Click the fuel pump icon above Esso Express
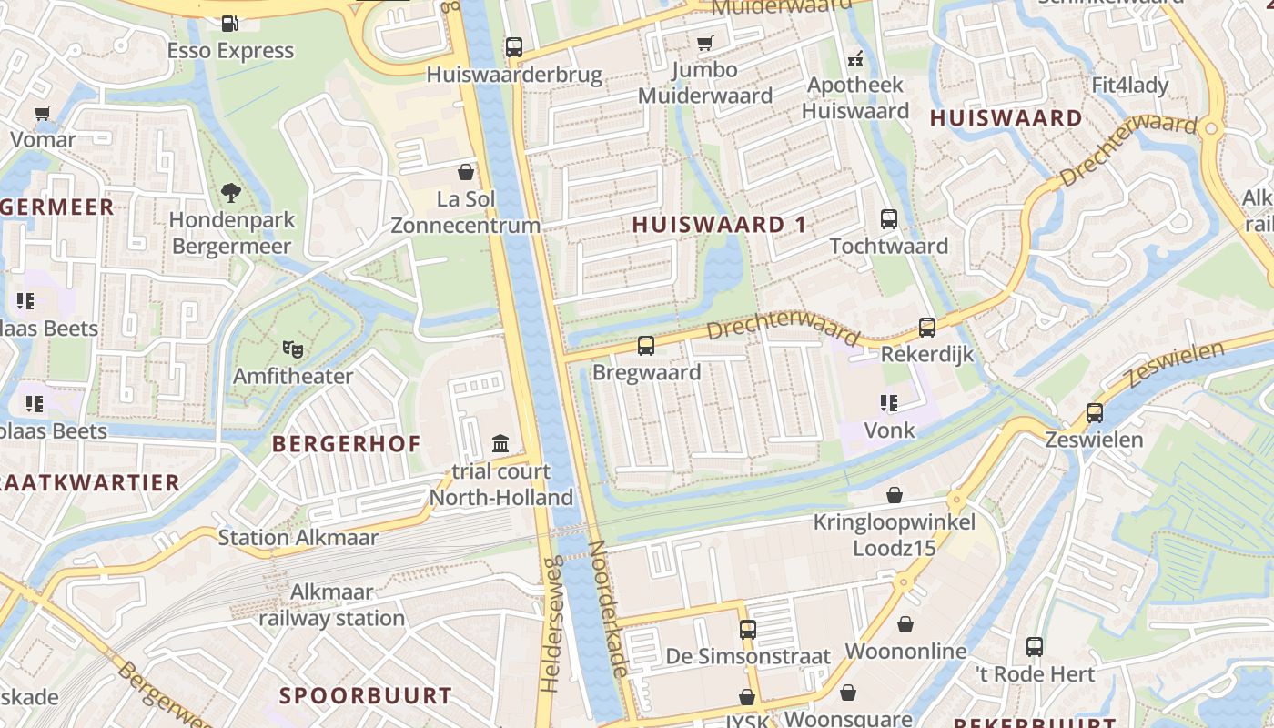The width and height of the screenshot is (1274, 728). click(230, 23)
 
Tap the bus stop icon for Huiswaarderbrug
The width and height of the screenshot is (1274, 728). click(514, 46)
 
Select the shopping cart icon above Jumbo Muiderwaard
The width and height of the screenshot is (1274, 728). click(705, 43)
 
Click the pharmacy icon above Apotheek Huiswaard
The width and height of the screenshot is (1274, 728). click(854, 59)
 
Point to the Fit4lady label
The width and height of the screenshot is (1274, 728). click(1129, 86)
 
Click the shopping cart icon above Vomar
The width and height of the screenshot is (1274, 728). click(43, 113)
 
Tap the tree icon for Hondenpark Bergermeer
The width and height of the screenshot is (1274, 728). click(231, 192)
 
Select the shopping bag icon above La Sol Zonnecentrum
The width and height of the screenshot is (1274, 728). click(466, 172)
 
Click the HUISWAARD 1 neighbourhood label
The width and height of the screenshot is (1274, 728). click(719, 225)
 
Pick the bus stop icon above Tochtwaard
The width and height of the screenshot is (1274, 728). click(889, 219)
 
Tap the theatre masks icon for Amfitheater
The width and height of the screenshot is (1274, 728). click(292, 349)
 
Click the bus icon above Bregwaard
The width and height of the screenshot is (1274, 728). click(646, 346)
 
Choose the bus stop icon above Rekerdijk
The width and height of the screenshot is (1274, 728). click(927, 328)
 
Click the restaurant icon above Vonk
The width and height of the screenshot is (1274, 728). click(889, 402)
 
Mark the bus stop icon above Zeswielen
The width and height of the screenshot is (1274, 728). click(1095, 413)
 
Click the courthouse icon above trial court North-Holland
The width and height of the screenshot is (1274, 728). click(500, 444)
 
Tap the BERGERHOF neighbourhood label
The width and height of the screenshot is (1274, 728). click(347, 444)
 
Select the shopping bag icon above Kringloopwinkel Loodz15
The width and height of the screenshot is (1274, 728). click(895, 495)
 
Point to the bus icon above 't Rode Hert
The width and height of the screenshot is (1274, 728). click(1035, 647)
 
